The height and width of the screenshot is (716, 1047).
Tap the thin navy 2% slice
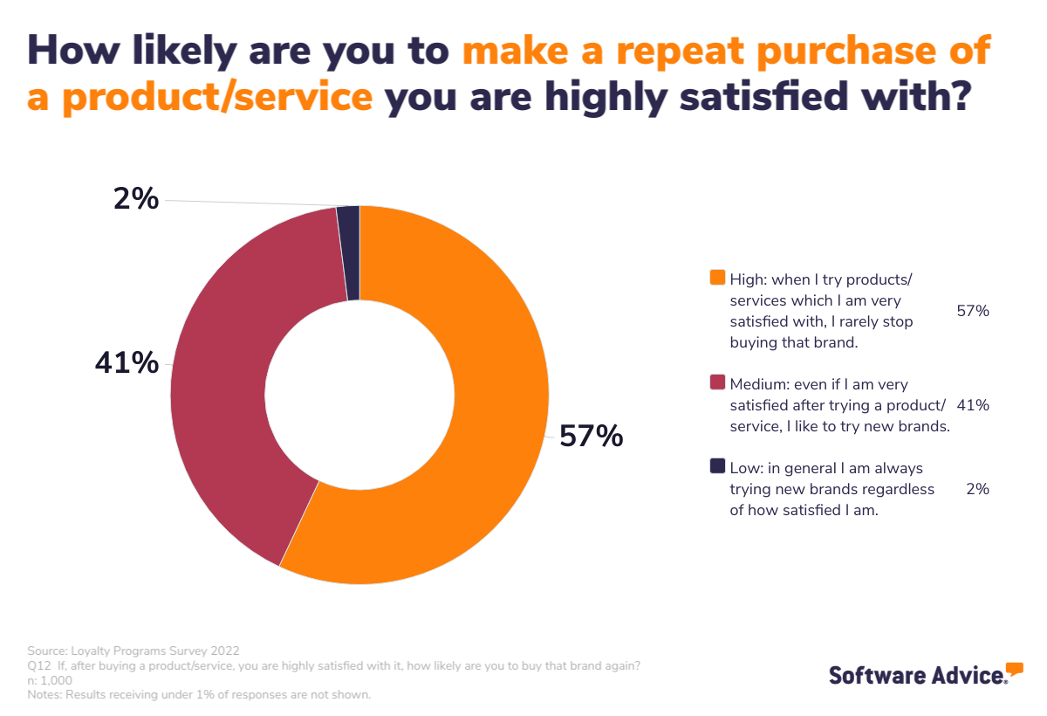click(349, 253)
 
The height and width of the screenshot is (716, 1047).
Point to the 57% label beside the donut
click(591, 436)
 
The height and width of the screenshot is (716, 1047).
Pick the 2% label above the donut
click(136, 200)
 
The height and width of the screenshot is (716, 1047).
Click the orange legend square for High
click(718, 278)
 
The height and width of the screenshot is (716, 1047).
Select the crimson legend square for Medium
click(718, 382)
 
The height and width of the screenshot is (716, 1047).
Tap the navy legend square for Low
click(718, 466)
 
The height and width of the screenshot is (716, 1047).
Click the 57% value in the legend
click(973, 311)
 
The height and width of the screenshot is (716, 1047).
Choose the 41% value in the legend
click(973, 405)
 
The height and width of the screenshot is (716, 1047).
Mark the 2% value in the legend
click(977, 489)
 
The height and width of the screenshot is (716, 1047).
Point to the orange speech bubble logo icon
click(1014, 670)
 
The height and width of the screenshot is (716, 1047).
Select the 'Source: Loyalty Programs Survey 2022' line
click(133, 651)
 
